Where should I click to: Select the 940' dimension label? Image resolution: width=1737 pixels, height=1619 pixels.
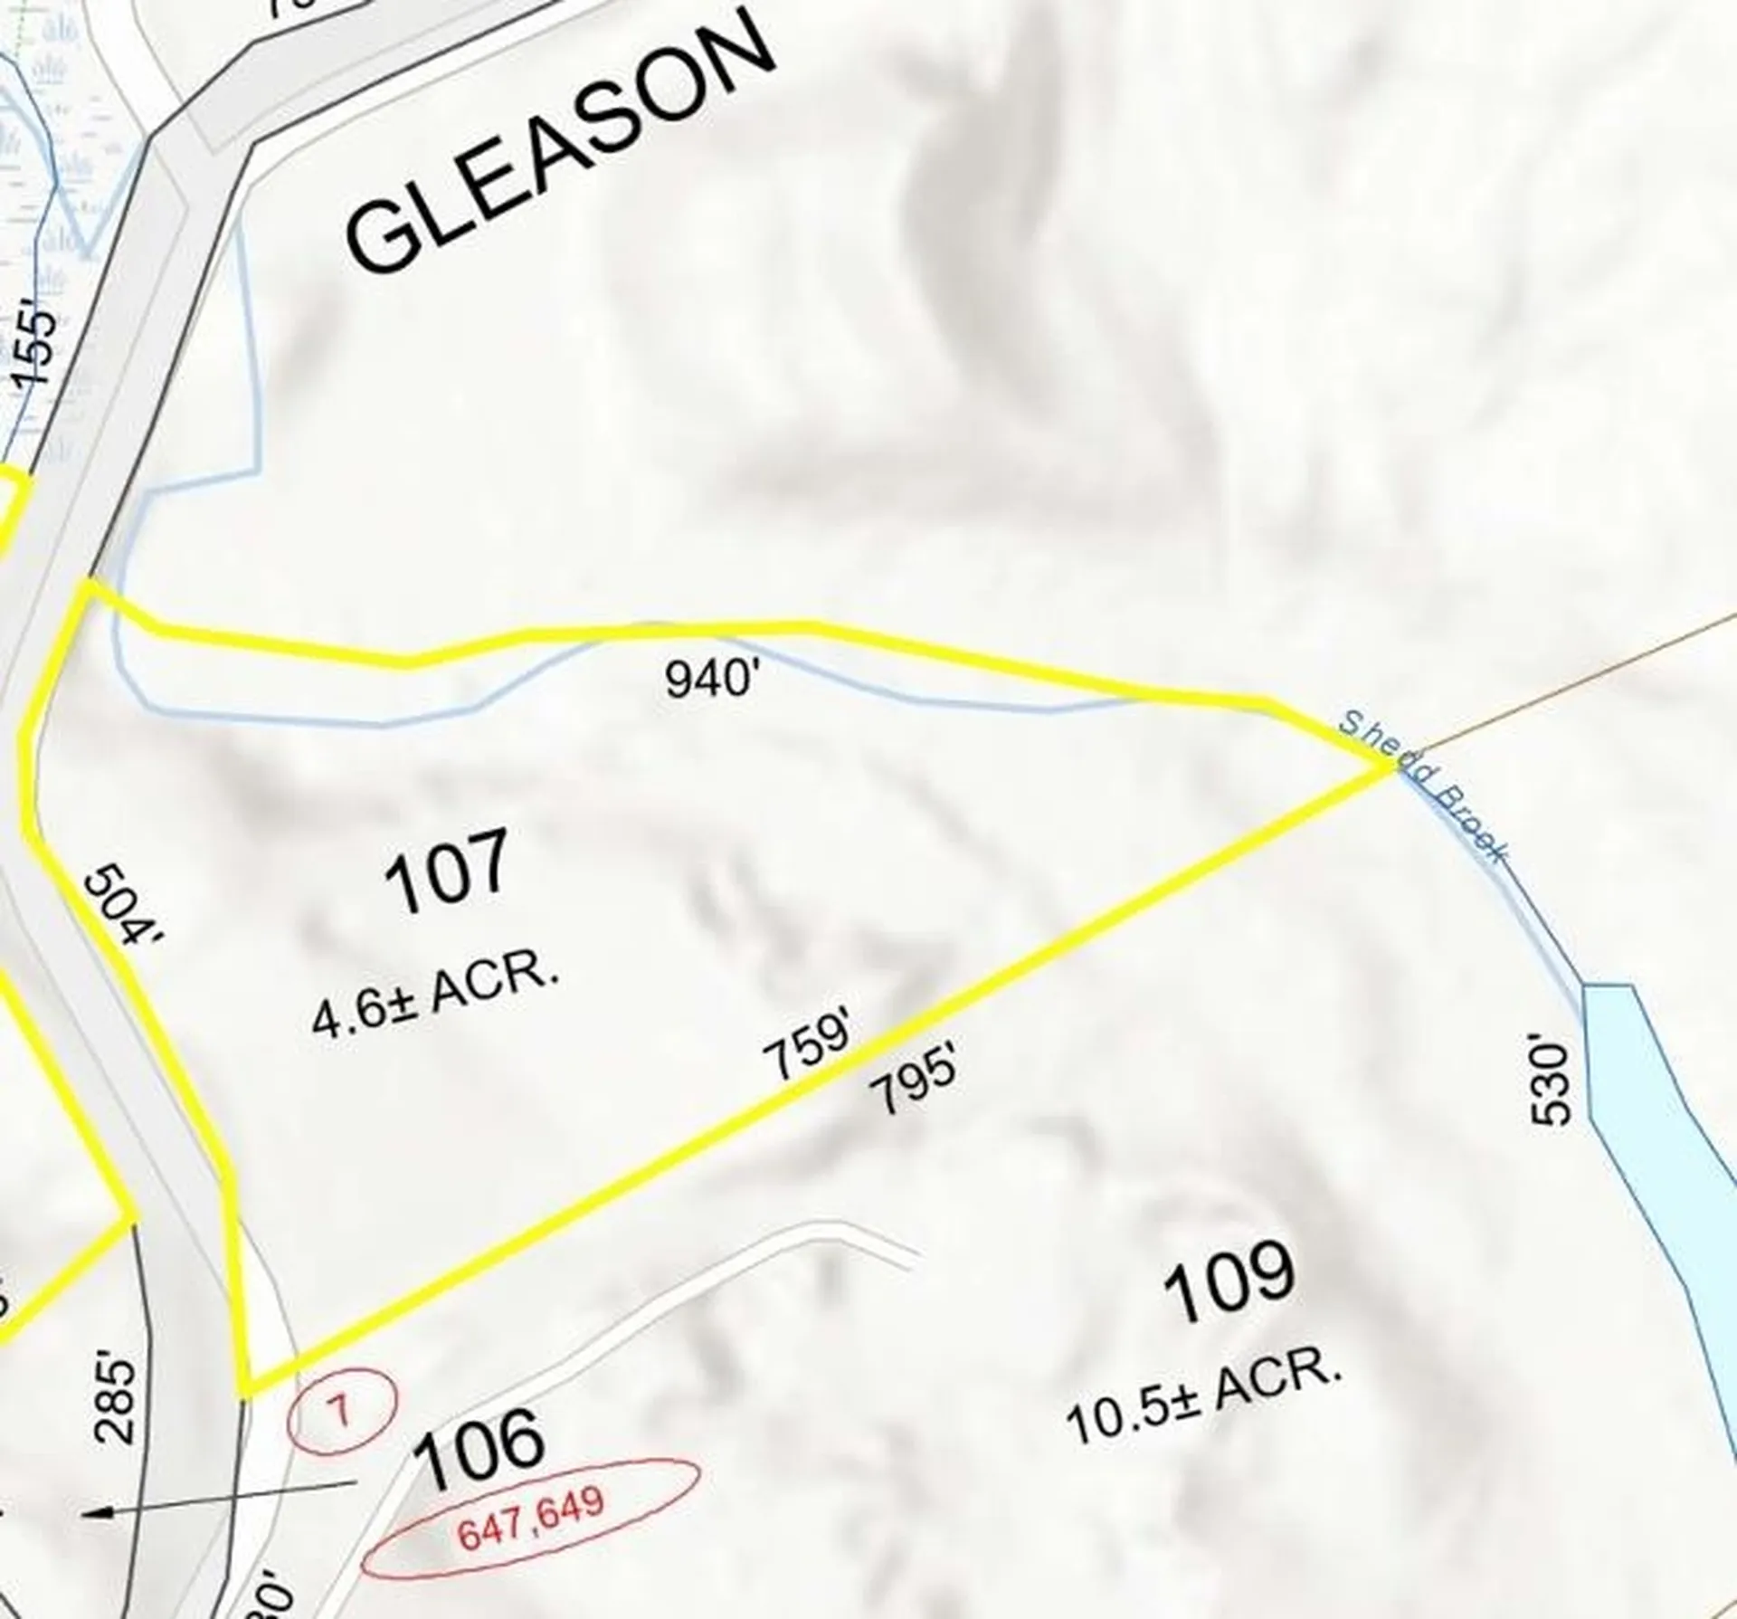point(708,678)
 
